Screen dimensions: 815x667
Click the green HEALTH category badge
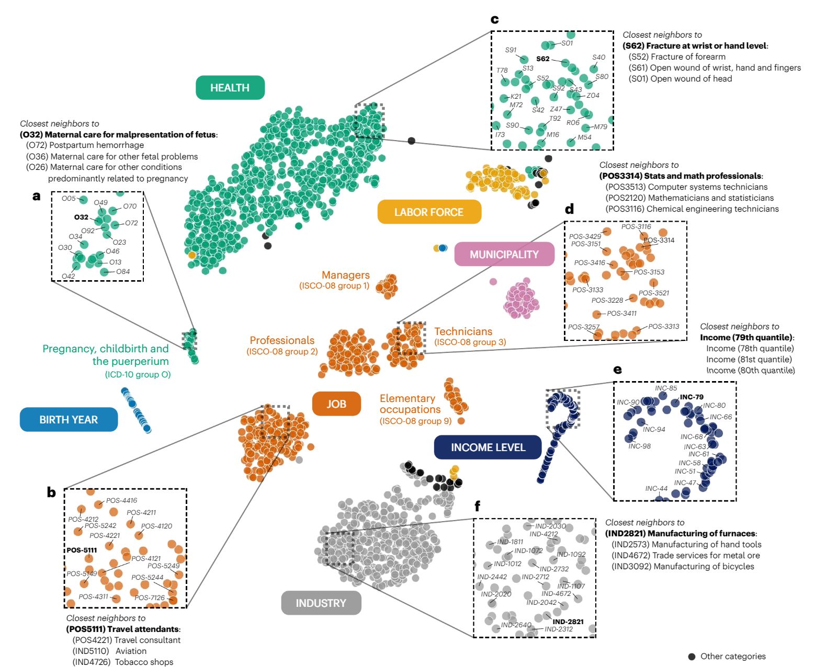[230, 88]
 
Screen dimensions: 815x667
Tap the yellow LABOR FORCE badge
[429, 212]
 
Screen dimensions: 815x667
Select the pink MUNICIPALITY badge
[504, 254]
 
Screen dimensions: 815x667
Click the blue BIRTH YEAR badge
[69, 419]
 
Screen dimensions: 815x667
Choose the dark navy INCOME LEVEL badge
[488, 447]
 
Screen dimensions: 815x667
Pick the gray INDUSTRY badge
[321, 603]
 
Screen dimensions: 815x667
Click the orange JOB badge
[336, 404]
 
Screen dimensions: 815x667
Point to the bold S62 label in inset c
[542, 59]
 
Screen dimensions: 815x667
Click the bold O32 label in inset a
[81, 217]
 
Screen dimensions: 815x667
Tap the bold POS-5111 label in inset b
[82, 550]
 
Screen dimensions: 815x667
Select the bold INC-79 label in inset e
[692, 397]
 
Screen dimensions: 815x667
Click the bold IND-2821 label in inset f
[568, 622]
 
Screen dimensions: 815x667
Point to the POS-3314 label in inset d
[659, 240]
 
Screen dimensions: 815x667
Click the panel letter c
[494, 19]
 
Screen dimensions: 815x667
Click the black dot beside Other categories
[692, 657]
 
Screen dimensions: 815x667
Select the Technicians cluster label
[463, 331]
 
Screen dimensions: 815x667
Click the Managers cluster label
[345, 275]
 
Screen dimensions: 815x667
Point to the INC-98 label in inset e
[639, 446]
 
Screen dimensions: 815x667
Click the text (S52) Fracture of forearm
[677, 57]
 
